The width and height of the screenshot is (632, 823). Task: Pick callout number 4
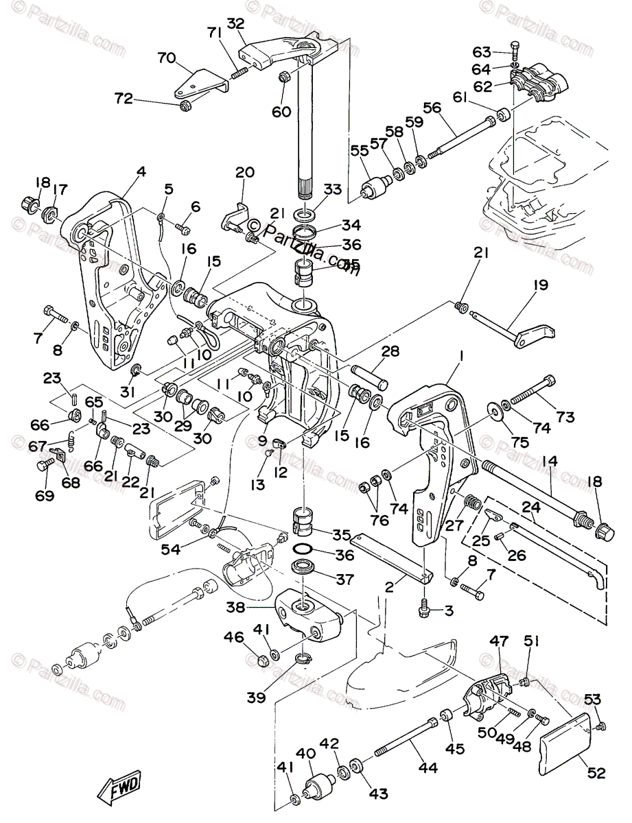141,173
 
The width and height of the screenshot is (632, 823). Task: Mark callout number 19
541,285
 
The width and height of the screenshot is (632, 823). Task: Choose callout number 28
390,352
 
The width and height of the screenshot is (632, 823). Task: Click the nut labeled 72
184,106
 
